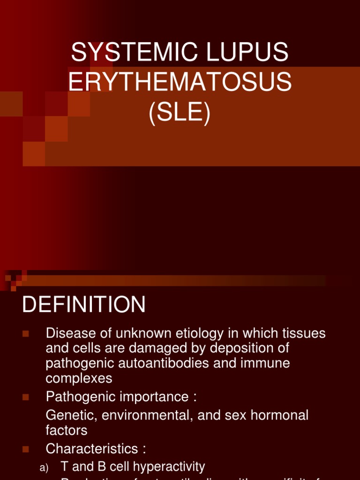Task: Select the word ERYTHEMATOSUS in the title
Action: pyautogui.click(x=180, y=83)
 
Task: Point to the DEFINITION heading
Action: pyautogui.click(x=84, y=305)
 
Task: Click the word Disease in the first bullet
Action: pyautogui.click(x=69, y=333)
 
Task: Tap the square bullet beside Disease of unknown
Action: pyautogui.click(x=26, y=334)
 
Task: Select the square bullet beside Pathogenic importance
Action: pyautogui.click(x=26, y=397)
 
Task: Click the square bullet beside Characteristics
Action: pyautogui.click(x=26, y=449)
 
